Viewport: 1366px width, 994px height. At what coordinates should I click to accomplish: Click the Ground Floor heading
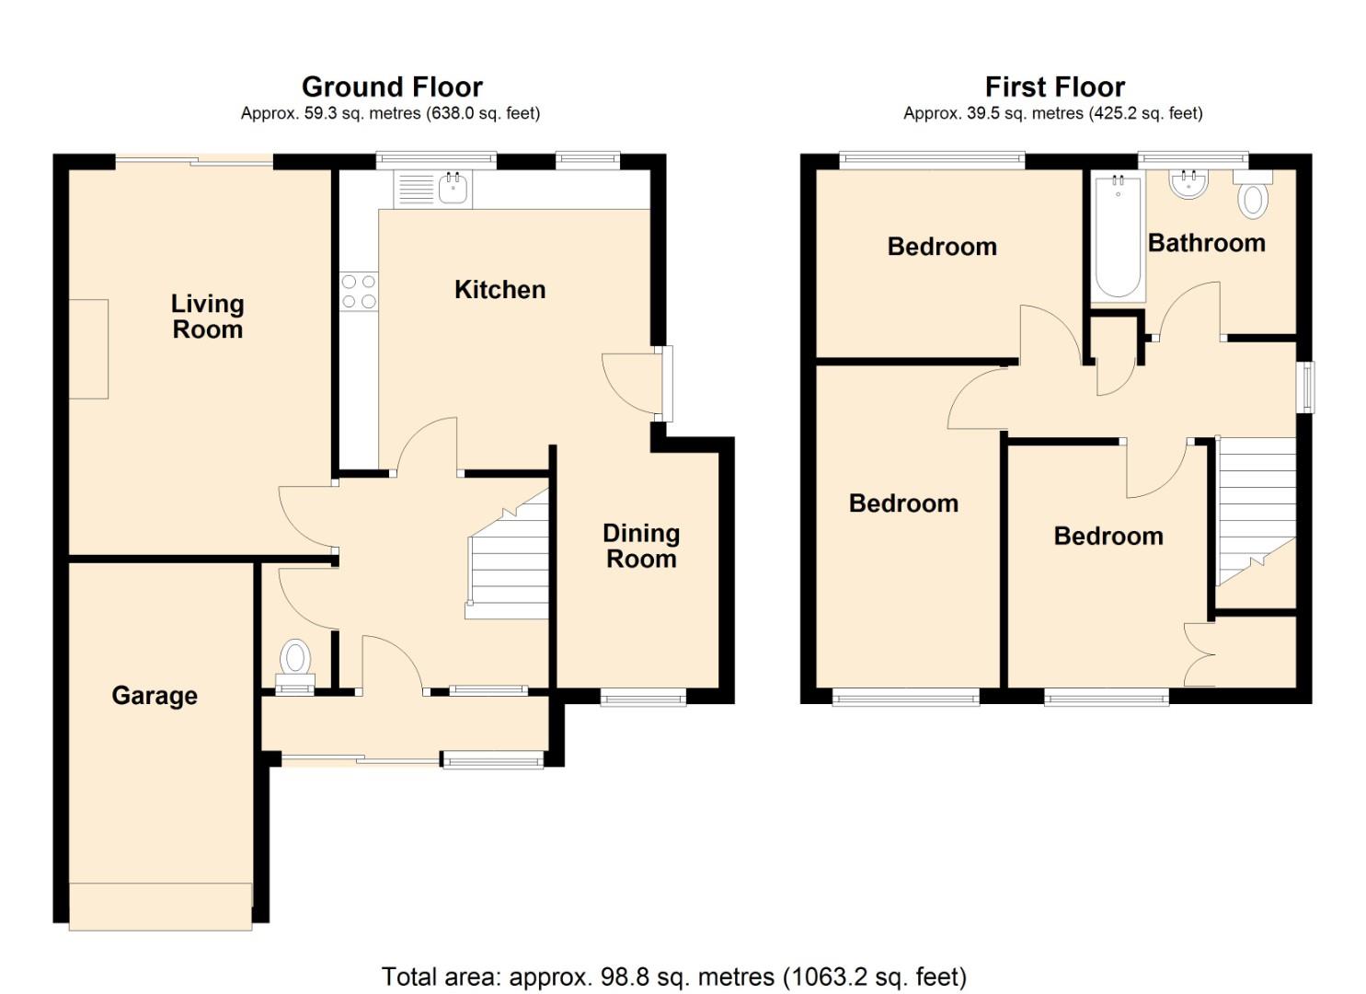click(392, 87)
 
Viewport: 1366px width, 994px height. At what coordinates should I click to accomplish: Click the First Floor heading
click(1054, 87)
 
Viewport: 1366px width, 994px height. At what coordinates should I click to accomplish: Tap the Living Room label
click(207, 317)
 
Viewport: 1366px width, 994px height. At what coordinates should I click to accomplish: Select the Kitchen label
click(499, 290)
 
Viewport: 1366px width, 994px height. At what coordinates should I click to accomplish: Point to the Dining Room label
click(641, 546)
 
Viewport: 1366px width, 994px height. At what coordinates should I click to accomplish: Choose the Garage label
click(155, 696)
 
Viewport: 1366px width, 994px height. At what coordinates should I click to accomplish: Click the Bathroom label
click(1206, 243)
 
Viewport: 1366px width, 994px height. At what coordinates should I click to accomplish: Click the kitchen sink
click(453, 190)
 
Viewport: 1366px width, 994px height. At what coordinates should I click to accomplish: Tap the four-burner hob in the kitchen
click(359, 291)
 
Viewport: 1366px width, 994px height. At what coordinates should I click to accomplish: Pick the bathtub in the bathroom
click(1118, 237)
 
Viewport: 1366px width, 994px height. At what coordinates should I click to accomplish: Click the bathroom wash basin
click(1188, 184)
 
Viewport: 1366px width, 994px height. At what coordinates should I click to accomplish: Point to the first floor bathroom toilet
click(1253, 196)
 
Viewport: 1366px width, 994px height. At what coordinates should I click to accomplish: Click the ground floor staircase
click(509, 561)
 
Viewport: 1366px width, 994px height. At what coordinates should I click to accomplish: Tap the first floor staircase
click(1255, 511)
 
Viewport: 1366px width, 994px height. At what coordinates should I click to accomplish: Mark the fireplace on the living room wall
click(89, 349)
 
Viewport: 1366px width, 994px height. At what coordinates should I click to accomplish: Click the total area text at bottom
click(673, 977)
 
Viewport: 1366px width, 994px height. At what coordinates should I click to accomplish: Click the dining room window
click(643, 699)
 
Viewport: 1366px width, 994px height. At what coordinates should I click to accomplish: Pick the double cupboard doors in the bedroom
click(1200, 654)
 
